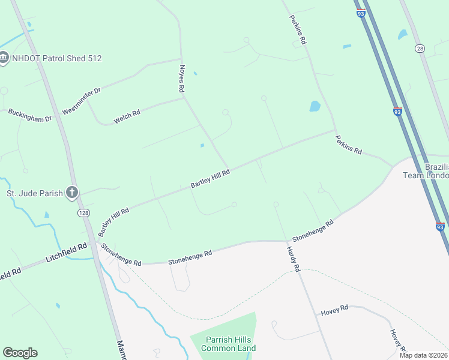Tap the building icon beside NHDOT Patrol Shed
point(4,58)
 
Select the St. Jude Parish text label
point(35,193)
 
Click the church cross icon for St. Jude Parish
point(71,193)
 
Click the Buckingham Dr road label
point(30,115)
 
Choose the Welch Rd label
point(127,113)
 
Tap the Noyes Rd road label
point(181,79)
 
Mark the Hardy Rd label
point(292,259)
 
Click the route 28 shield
point(420,48)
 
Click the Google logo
point(20,353)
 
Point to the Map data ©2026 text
point(423,355)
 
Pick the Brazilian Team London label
point(436,170)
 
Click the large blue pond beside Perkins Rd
point(315,107)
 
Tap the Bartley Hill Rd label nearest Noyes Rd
point(210,179)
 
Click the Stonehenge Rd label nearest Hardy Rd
point(313,231)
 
